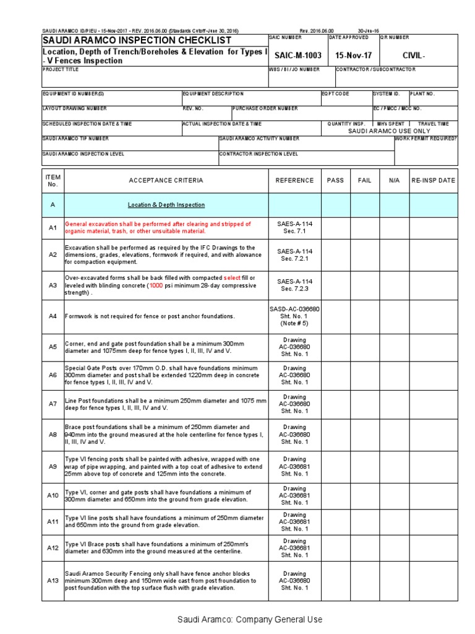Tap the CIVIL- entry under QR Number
(x=414, y=55)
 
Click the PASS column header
(x=335, y=180)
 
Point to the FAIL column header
(x=365, y=180)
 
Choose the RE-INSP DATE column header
(x=434, y=180)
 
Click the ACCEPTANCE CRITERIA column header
(x=165, y=180)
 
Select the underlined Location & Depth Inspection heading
(x=166, y=204)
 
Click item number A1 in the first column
(x=53, y=228)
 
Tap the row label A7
(x=53, y=404)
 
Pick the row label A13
(x=53, y=581)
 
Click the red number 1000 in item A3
(x=157, y=286)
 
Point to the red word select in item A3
(x=232, y=278)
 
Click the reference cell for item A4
(x=294, y=316)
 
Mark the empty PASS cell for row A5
(x=335, y=347)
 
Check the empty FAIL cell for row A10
(x=365, y=495)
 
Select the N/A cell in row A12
(x=395, y=547)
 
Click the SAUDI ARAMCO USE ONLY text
(x=388, y=131)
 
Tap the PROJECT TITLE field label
(x=61, y=69)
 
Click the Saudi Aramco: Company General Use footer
(x=250, y=619)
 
